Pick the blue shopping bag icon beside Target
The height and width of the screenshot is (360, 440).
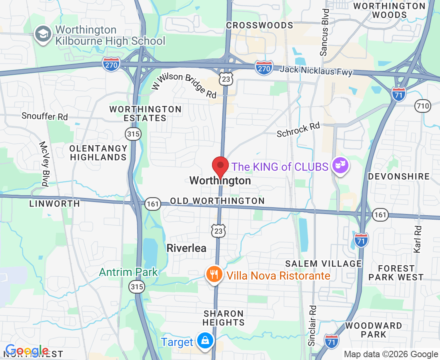(205, 342)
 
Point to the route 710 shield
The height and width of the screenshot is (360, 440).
(423, 106)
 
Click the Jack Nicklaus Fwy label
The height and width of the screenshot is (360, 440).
(316, 71)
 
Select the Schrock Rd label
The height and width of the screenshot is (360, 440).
(298, 130)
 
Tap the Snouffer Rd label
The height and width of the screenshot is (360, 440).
(45, 117)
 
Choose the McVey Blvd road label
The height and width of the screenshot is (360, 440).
(44, 164)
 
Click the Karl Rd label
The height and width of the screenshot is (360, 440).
(418, 239)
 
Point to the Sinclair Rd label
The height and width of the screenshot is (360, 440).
(312, 326)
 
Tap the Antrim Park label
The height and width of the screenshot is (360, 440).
(128, 272)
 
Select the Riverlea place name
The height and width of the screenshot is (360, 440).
(186, 248)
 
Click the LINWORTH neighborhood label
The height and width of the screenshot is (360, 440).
(54, 204)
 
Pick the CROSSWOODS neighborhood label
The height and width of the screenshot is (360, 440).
(260, 26)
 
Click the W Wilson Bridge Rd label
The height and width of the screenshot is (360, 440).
(184, 85)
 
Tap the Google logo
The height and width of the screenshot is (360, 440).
(27, 351)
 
